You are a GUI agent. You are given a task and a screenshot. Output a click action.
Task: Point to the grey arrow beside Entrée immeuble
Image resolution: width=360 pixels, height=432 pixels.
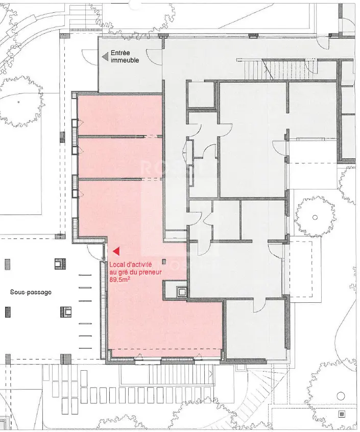click(106, 57)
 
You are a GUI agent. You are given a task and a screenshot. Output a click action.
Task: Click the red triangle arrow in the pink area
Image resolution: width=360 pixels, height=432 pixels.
click(116, 251)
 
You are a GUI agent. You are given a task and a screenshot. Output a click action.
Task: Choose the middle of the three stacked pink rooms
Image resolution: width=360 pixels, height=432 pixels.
click(120, 157)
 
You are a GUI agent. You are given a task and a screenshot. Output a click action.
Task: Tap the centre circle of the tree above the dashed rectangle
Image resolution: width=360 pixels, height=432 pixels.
click(315, 218)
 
